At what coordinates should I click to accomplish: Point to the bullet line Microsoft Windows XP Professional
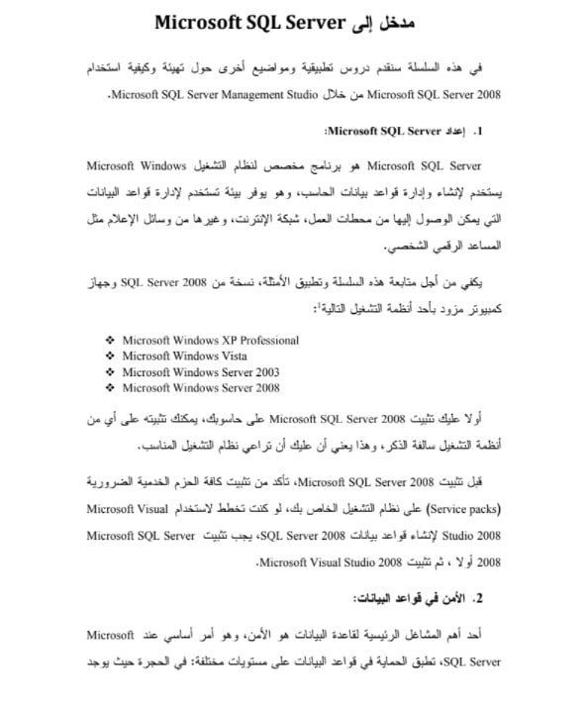pyautogui.click(x=210, y=340)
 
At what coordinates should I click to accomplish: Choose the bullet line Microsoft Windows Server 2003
pyautogui.click(x=193, y=371)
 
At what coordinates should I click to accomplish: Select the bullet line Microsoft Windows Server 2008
pyautogui.click(x=193, y=387)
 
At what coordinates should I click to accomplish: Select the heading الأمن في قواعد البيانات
pyautogui.click(x=411, y=598)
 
